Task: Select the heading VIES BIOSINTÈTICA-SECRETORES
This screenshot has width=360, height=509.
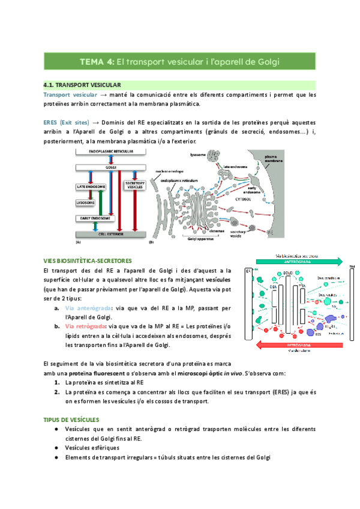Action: (x=87, y=261)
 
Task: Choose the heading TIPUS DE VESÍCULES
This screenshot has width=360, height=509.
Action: (x=71, y=419)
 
